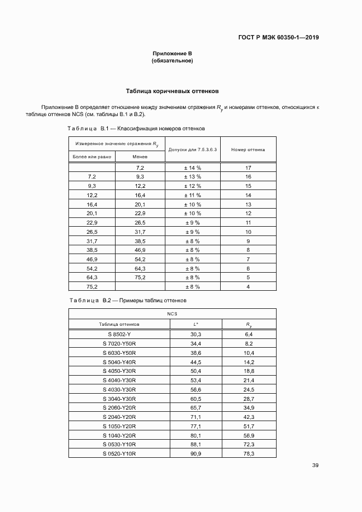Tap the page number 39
click(315, 465)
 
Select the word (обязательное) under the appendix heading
click(172, 61)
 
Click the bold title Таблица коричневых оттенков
click(173, 91)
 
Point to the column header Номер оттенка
click(248, 149)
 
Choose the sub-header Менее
click(140, 157)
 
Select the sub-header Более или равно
click(92, 157)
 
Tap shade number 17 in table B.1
click(248, 168)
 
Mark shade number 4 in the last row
click(248, 286)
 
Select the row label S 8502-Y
click(119, 333)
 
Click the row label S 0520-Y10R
click(119, 454)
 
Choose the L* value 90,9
click(196, 454)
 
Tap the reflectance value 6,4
click(248, 333)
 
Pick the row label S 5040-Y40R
click(119, 361)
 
